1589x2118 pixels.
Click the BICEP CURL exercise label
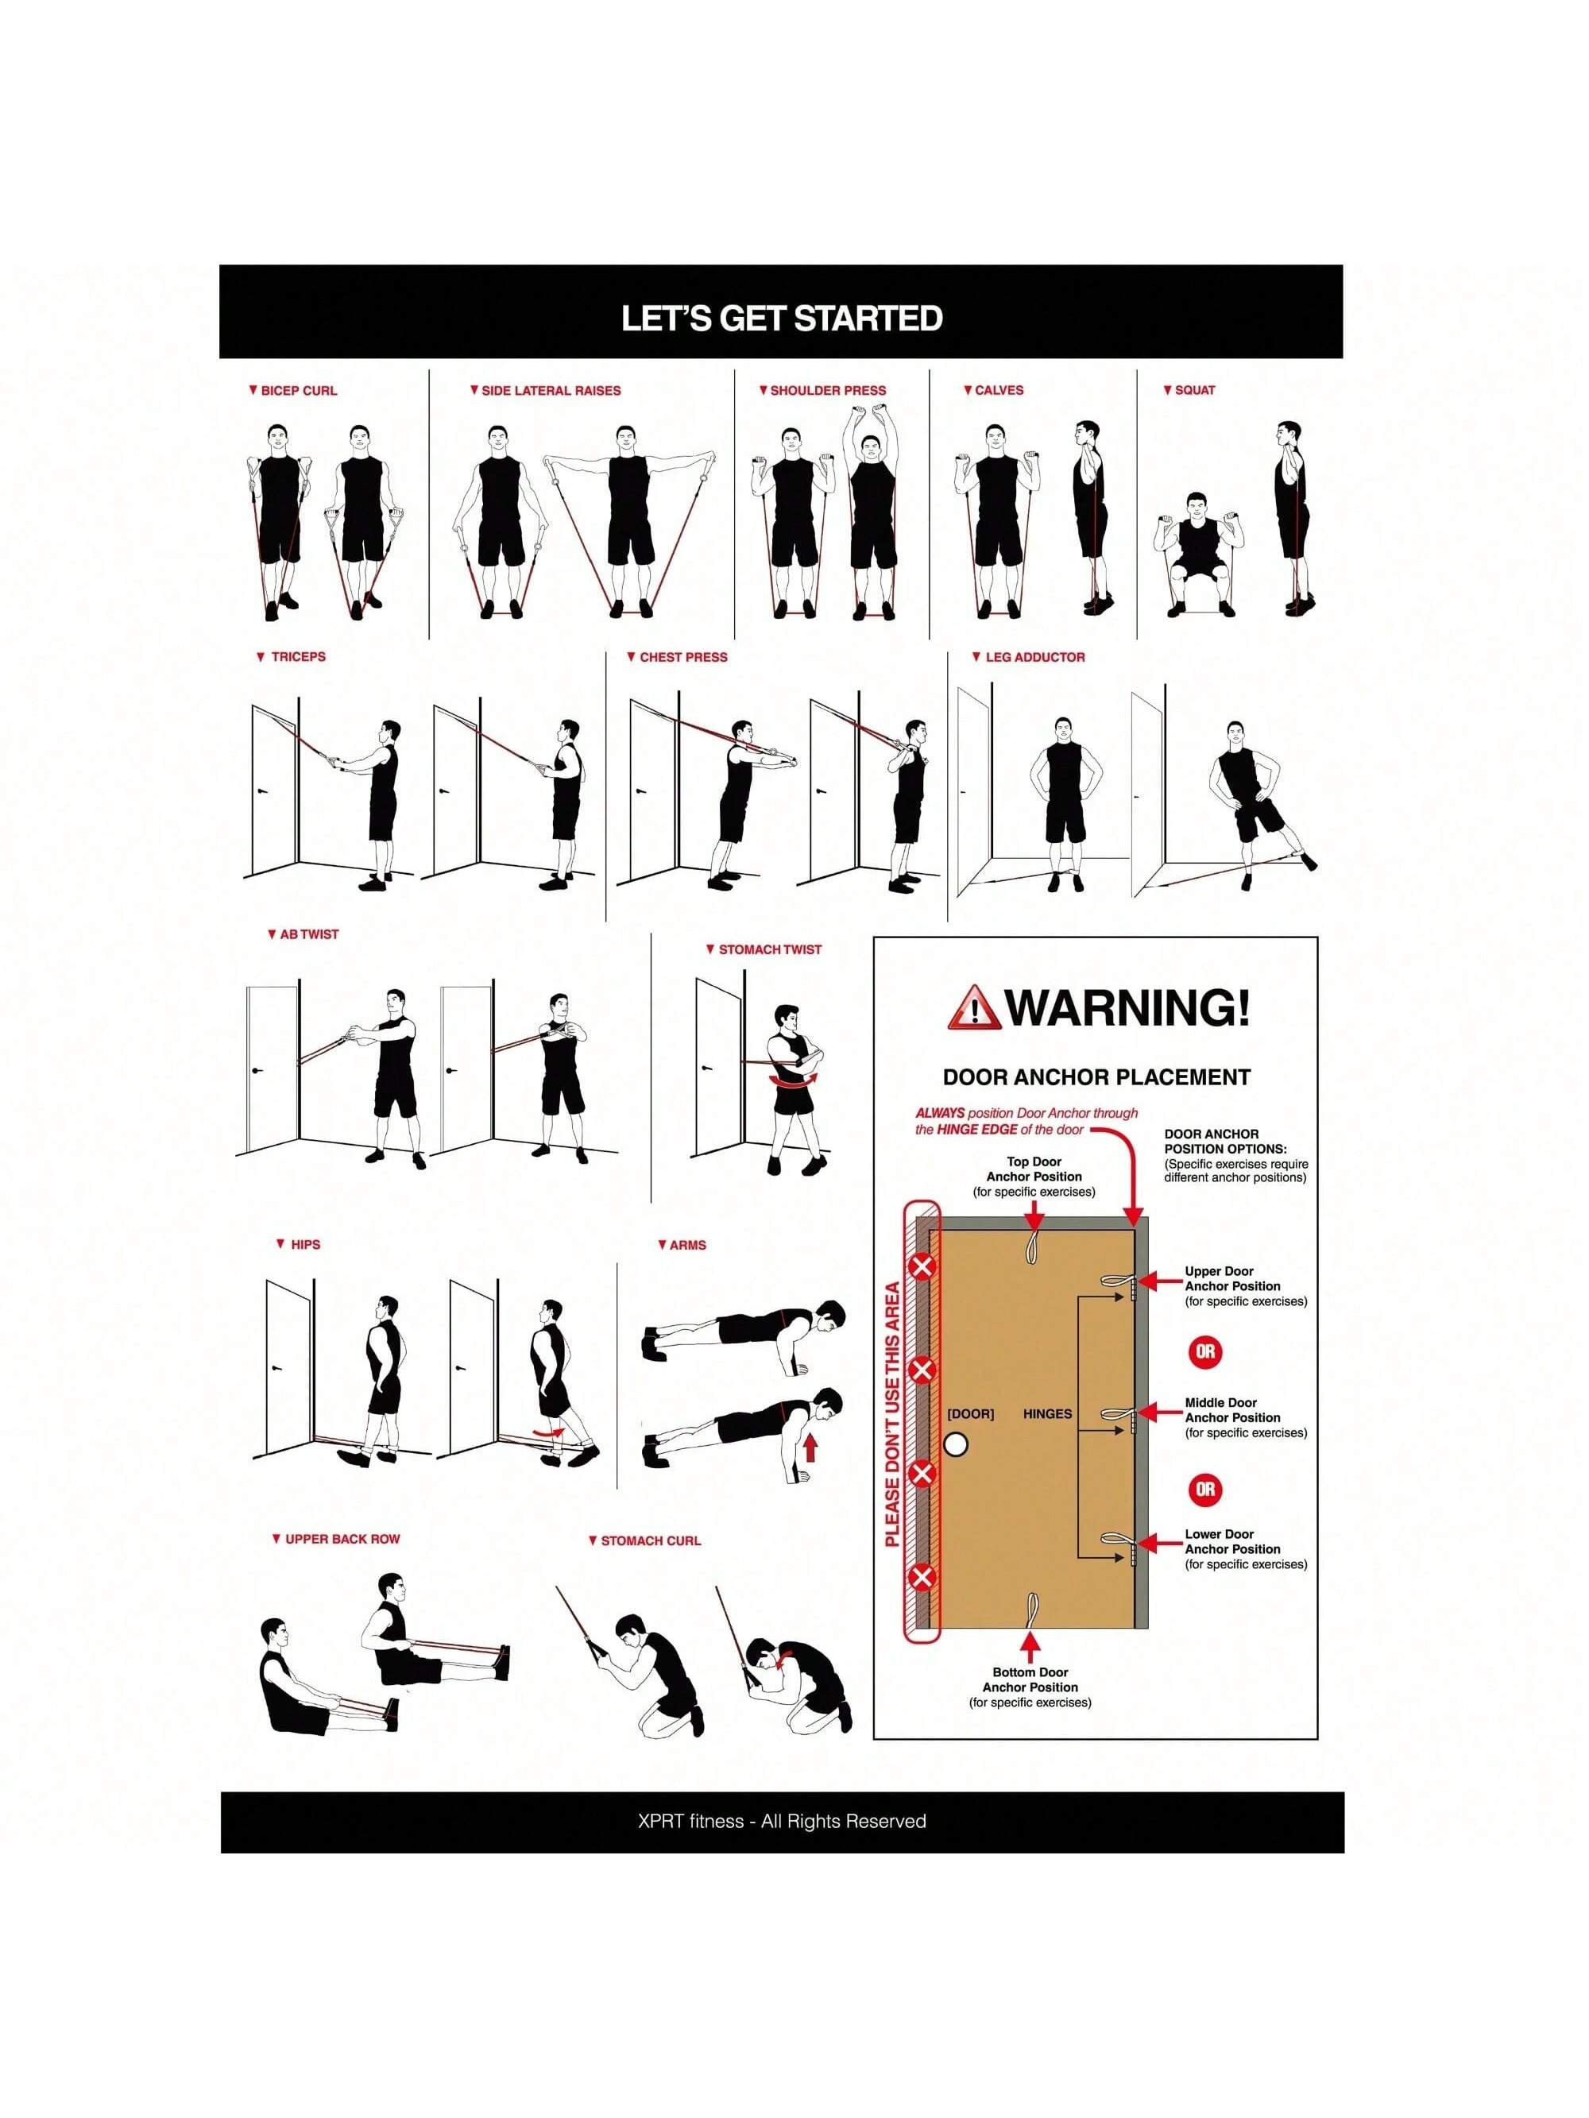click(x=299, y=391)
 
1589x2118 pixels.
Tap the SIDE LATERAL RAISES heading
click(x=551, y=391)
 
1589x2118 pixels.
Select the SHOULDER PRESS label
click(x=829, y=391)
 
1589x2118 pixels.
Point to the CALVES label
click(x=999, y=390)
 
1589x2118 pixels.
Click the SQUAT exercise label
click(x=1194, y=390)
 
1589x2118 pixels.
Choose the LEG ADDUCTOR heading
click(x=1035, y=657)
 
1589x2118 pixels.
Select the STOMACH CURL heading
click(x=651, y=1540)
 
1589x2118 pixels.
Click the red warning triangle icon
click(x=974, y=1007)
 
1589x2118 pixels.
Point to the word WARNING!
click(x=1127, y=1007)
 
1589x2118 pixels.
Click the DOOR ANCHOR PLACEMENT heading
click(x=1096, y=1077)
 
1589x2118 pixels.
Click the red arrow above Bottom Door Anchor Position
click(x=1030, y=1646)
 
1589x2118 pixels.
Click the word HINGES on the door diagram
click(x=1048, y=1414)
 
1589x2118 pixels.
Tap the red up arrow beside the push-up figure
click(x=810, y=1447)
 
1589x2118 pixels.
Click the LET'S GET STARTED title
click(x=782, y=318)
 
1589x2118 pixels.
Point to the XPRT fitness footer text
click(x=782, y=1821)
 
